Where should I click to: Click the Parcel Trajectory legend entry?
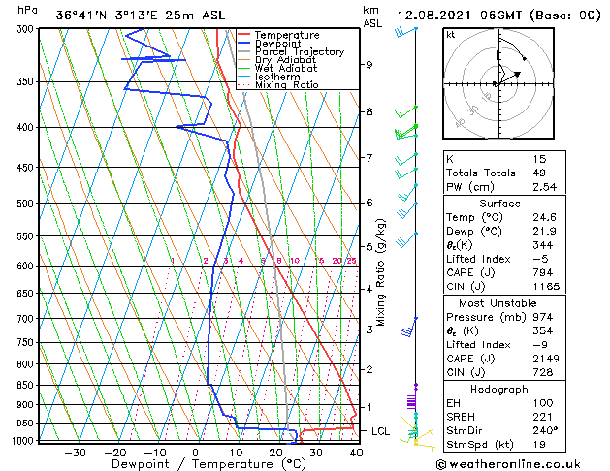point(299,52)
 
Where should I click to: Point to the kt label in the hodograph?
point(451,35)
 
